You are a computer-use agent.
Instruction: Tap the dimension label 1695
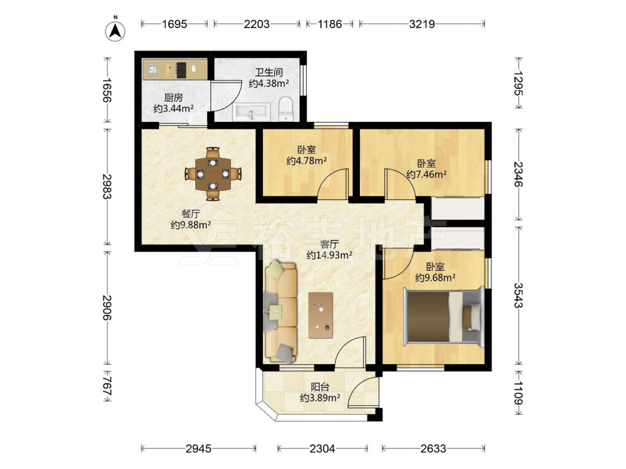tap(175, 24)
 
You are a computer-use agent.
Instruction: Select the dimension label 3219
tap(422, 24)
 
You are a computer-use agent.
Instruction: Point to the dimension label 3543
tap(518, 295)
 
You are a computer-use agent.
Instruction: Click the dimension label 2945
tap(198, 449)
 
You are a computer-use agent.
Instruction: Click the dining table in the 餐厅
tap(213, 174)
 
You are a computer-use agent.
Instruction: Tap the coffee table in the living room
tap(321, 315)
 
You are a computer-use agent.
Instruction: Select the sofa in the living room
tap(280, 311)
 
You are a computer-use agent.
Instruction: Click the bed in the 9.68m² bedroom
tap(444, 316)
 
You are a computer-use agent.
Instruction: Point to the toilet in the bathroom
tap(285, 109)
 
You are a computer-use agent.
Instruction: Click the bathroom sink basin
tap(252, 112)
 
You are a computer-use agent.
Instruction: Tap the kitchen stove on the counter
tap(182, 69)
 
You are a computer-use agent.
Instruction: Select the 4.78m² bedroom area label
tap(307, 156)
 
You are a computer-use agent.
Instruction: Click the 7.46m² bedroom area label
tap(426, 169)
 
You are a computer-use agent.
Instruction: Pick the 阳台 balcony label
tap(320, 386)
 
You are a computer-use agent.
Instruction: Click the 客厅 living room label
tap(329, 244)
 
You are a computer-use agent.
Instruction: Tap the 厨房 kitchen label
tap(173, 98)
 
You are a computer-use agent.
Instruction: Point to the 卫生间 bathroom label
tap(269, 72)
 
